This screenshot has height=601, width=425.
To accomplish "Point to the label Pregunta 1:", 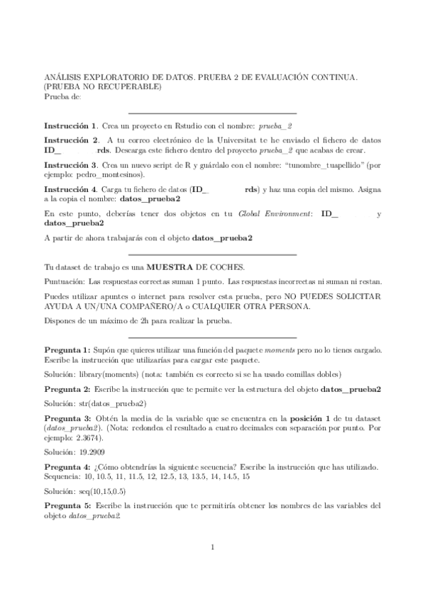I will pyautogui.click(x=67, y=350).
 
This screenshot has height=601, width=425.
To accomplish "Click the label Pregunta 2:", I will pyautogui.click(x=67, y=390).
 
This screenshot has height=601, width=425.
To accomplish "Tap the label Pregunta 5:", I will pyautogui.click(x=67, y=505).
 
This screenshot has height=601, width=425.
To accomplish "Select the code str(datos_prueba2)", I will pyautogui.click(x=109, y=404).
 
